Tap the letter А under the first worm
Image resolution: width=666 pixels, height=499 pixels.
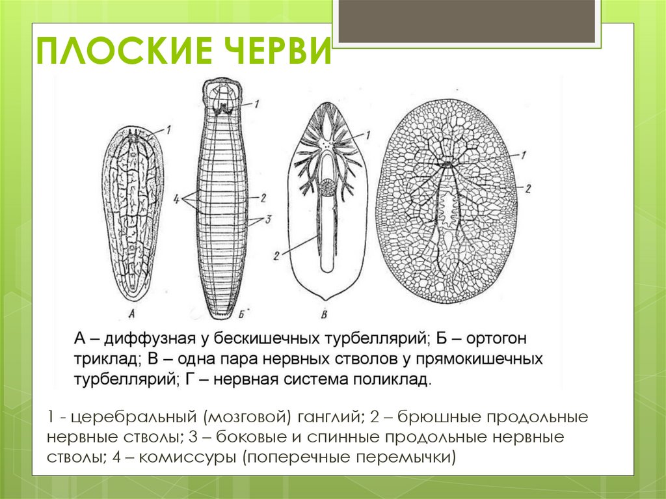[x=131, y=315]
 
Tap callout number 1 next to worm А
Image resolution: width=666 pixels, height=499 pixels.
[x=168, y=129]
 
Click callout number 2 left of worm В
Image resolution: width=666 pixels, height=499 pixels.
[x=277, y=256]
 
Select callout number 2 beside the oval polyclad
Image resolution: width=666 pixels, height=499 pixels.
[x=528, y=188]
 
